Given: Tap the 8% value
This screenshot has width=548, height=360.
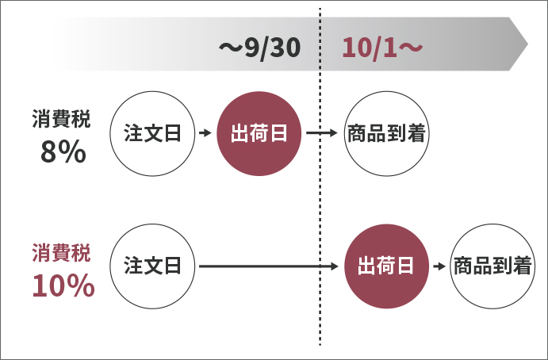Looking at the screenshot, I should [x=63, y=151].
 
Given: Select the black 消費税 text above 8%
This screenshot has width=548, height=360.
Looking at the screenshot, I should [x=62, y=119].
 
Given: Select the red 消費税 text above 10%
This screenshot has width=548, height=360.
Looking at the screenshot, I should [x=62, y=253].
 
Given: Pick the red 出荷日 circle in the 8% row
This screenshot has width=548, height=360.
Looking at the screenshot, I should [x=259, y=133].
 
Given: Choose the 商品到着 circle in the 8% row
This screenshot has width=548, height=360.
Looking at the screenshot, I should [x=386, y=133].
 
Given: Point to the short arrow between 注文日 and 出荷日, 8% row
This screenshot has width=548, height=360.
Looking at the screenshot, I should [x=205, y=133].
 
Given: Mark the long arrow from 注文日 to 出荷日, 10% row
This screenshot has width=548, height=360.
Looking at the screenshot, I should [x=270, y=266].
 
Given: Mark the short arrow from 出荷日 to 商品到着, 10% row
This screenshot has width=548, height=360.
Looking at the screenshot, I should [x=438, y=266].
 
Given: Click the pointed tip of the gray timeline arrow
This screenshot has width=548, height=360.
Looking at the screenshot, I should [x=527, y=44].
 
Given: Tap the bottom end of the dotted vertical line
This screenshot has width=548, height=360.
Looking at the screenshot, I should [x=320, y=344].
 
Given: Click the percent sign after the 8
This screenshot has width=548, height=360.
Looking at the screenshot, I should [x=72, y=151].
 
